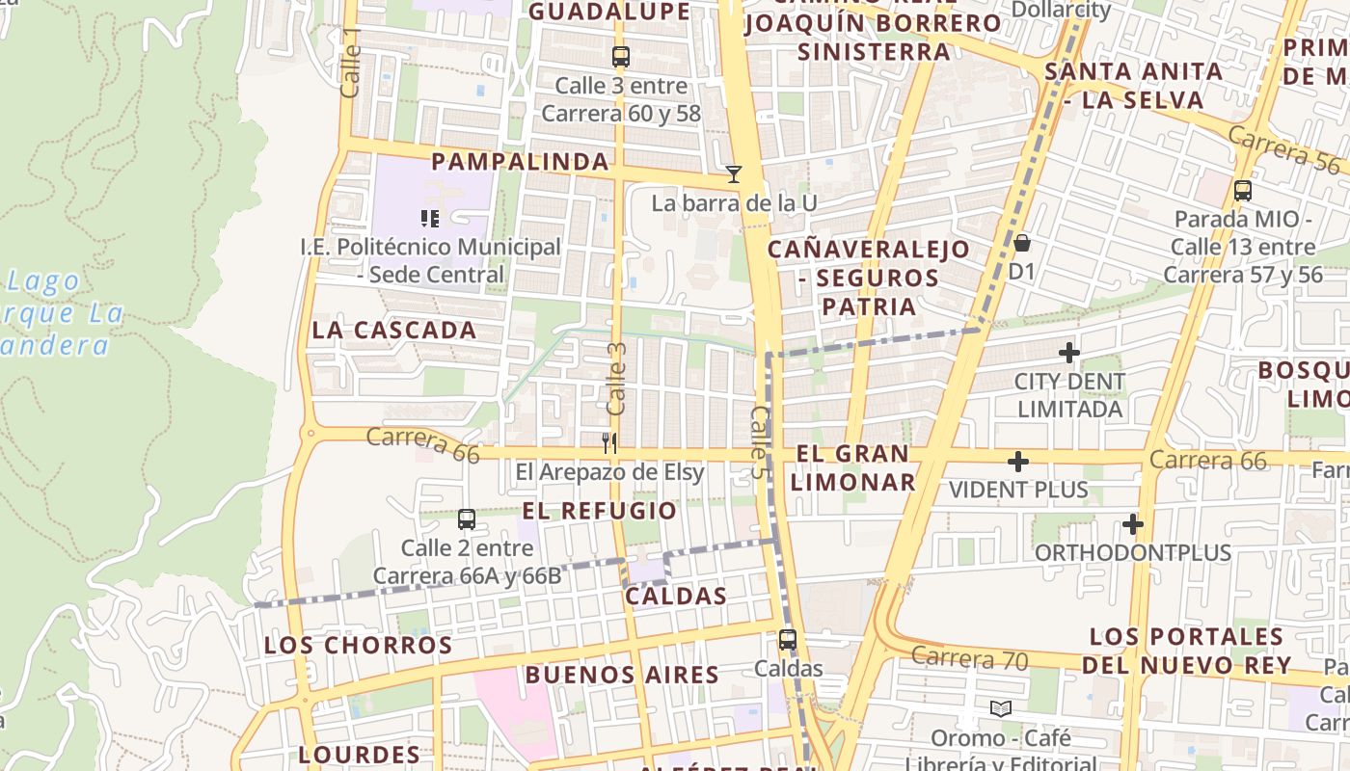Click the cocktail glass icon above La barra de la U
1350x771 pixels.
tap(734, 174)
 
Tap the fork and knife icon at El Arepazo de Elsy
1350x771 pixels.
tap(608, 443)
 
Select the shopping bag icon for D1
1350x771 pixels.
tap(1021, 243)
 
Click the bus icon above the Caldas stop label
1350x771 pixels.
tap(788, 640)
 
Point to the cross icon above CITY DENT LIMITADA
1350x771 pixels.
tap(1069, 353)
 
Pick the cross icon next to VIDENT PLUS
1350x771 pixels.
tap(1018, 463)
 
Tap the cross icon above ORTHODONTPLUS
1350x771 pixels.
tap(1133, 525)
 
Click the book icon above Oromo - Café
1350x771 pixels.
tap(1001, 709)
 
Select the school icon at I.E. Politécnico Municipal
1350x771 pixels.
tap(430, 219)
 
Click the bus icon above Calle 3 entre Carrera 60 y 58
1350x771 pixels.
tap(621, 57)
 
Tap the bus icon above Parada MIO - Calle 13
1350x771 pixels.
tap(1243, 191)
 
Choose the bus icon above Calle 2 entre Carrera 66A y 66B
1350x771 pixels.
tap(467, 519)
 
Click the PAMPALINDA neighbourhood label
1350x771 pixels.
tap(520, 162)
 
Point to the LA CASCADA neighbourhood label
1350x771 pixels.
tap(394, 331)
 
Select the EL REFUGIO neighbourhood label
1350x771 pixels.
tap(600, 511)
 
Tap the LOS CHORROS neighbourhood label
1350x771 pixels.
tap(359, 646)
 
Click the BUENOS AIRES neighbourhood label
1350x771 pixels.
tap(622, 675)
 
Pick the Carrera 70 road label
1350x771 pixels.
tap(969, 659)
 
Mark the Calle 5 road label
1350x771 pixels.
tap(760, 438)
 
